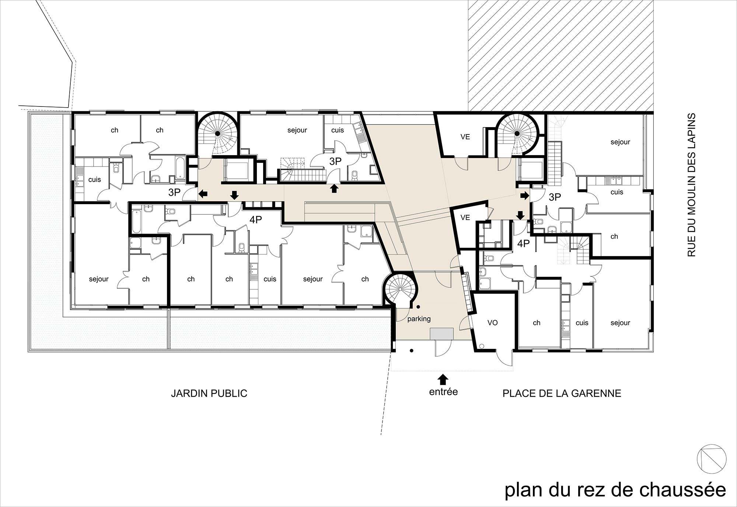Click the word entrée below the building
(443, 391)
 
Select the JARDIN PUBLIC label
(209, 394)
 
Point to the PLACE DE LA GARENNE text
(562, 394)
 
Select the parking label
(419, 319)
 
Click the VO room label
(492, 323)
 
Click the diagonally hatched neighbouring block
(560, 55)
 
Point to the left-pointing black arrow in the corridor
(203, 193)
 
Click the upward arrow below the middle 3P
(334, 189)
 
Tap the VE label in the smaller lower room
(465, 218)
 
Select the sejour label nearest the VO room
(620, 323)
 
